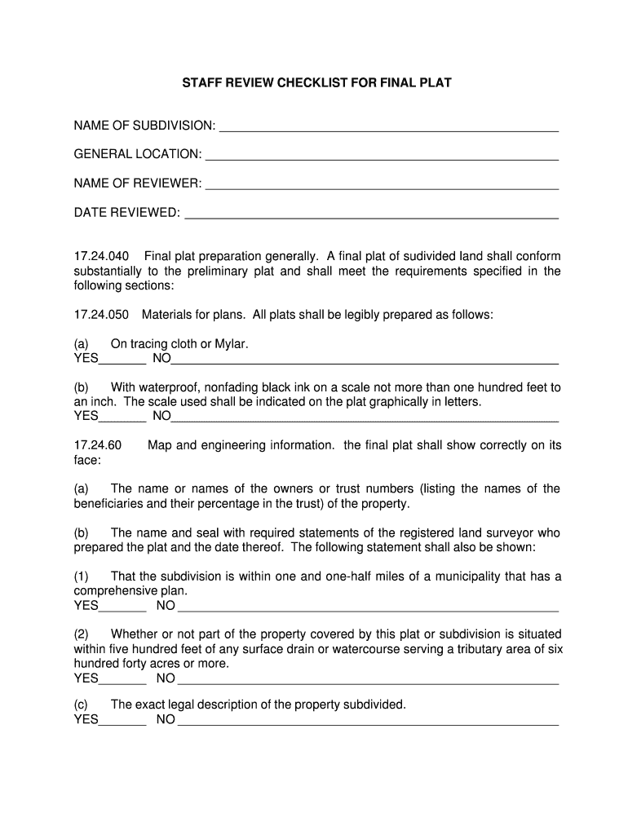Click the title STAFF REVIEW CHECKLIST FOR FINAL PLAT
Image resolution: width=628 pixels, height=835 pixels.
tap(316, 83)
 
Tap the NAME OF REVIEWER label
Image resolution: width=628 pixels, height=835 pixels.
tap(138, 183)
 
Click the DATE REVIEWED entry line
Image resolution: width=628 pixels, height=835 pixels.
tap(371, 214)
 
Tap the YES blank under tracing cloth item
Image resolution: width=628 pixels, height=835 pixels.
tap(122, 360)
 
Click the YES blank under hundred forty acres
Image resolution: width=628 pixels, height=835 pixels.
tap(122, 680)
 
